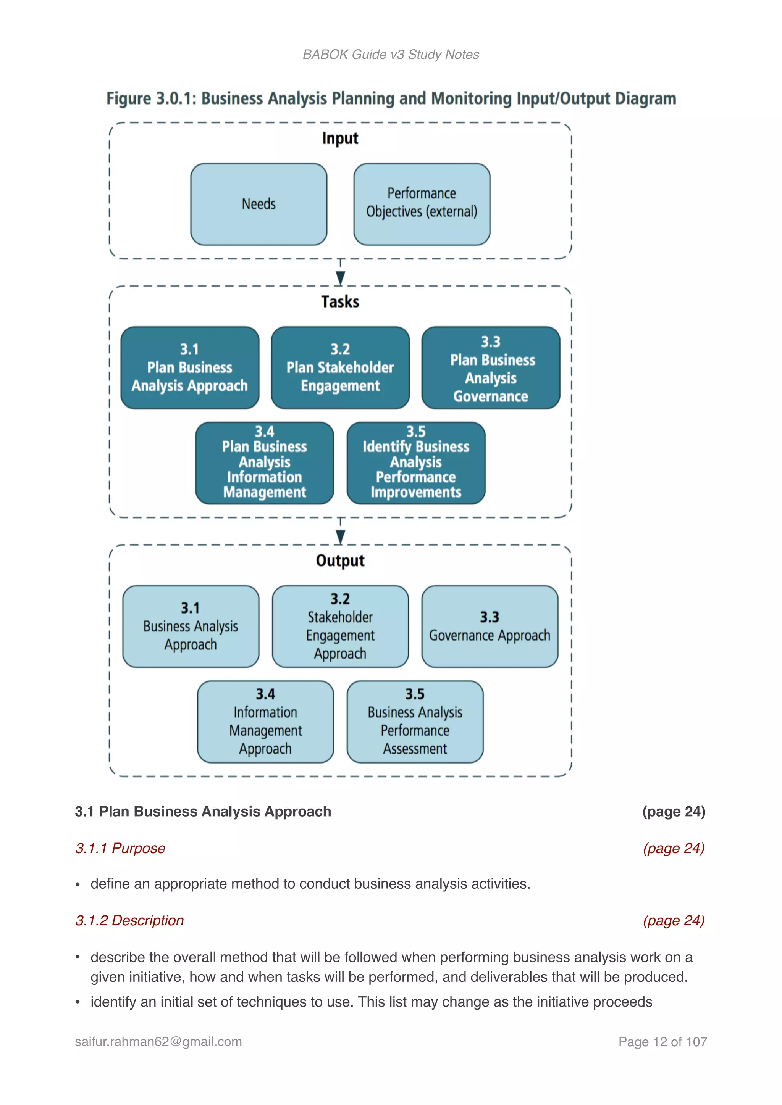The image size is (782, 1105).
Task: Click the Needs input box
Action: tap(259, 204)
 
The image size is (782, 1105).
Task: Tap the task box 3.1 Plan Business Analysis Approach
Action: tap(190, 368)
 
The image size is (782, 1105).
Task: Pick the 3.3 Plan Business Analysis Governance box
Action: tap(490, 368)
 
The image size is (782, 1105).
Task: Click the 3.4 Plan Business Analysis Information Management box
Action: tap(264, 463)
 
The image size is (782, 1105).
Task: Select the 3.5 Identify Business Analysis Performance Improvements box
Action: tap(415, 463)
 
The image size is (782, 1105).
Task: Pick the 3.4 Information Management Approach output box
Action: tap(265, 722)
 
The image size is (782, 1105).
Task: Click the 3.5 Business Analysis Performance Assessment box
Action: tap(415, 722)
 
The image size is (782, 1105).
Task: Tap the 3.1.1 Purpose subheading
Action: tap(120, 848)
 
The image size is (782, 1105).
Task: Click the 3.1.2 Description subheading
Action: tap(129, 920)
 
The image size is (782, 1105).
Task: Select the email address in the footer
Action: tap(158, 1042)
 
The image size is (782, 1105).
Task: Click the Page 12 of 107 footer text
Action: tap(662, 1042)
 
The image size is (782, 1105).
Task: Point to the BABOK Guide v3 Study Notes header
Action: tap(391, 55)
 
